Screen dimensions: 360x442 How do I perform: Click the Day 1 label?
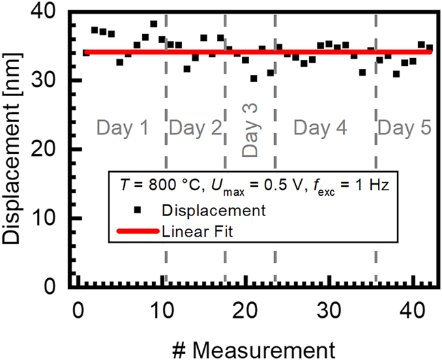pyautogui.click(x=122, y=127)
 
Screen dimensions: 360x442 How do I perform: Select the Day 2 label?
pyautogui.click(x=196, y=127)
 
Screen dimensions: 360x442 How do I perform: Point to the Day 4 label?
pyautogui.click(x=320, y=127)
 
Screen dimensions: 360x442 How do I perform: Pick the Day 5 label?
pyautogui.click(x=404, y=127)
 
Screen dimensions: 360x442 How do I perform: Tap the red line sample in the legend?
pyautogui.click(x=139, y=231)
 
